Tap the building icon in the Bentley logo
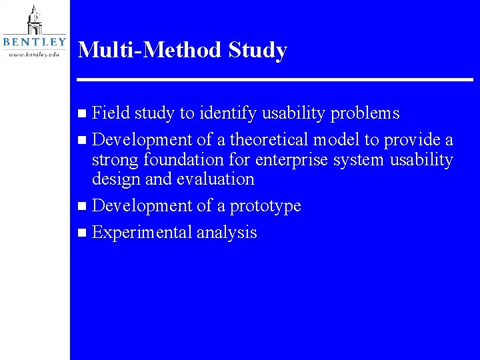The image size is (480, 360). point(34,19)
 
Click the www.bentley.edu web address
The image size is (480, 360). point(35,54)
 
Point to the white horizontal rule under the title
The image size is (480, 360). point(274,79)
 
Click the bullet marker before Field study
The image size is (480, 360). point(83,114)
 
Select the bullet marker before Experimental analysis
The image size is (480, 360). point(83,233)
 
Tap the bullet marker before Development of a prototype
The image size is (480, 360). point(83,207)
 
